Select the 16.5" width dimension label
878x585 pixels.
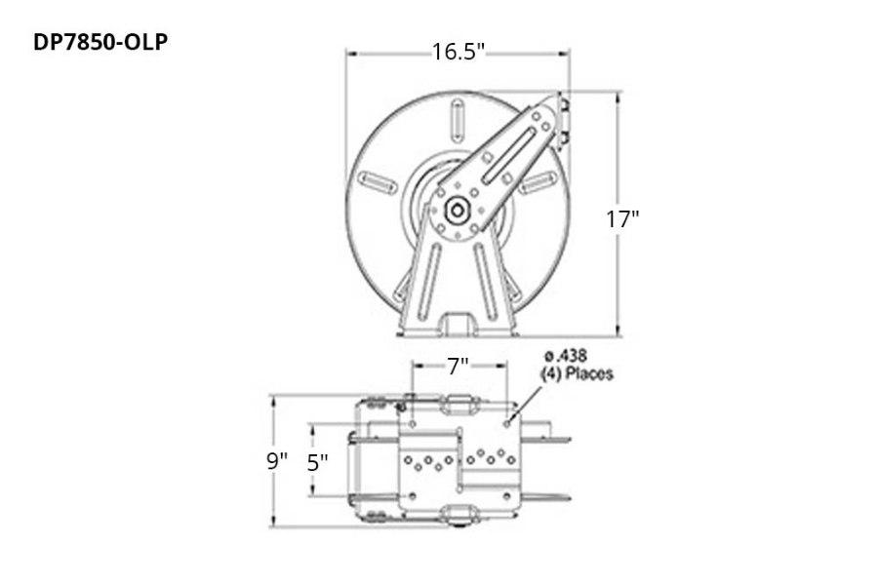459,52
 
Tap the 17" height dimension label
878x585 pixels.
620,218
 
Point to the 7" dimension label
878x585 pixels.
458,367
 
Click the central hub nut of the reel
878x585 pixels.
456,210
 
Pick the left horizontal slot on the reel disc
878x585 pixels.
377,179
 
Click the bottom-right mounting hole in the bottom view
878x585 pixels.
507,499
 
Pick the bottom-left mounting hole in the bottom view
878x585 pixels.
413,499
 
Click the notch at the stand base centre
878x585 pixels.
456,322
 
